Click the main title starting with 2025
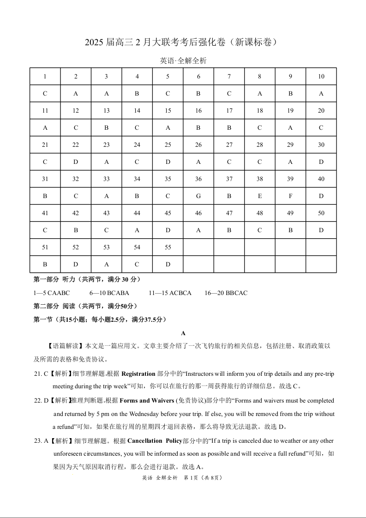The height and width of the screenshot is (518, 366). [183, 42]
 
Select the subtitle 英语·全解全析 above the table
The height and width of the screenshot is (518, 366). [183, 60]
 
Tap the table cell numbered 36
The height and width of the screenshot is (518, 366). [198, 179]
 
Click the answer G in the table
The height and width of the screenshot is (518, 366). [198, 196]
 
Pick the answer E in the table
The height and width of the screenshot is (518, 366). [260, 196]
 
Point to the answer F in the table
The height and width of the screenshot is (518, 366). [290, 196]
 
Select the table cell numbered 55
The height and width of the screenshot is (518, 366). [168, 247]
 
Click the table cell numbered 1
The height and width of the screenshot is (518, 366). [45, 77]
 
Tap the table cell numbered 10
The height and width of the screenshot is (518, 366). [321, 77]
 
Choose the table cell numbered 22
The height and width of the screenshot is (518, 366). [76, 145]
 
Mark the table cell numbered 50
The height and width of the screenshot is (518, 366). [321, 213]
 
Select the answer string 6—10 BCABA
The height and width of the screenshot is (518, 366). [109, 293]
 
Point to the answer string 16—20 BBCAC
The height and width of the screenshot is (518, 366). [226, 293]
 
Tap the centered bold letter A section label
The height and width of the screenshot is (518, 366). [183, 333]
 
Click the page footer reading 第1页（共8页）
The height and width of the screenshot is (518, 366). [203, 477]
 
